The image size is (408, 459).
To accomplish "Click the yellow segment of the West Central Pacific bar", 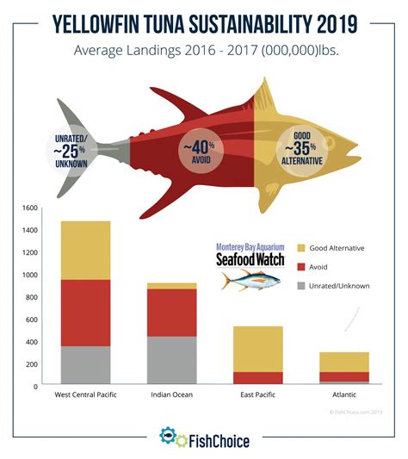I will tap(85, 250).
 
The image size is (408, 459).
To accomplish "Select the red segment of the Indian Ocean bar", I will tap(171, 312).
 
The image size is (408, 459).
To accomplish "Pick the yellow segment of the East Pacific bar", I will tap(258, 349).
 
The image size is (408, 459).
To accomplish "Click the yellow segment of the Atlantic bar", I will tap(344, 362).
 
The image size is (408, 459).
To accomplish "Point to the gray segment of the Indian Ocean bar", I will tap(171, 359).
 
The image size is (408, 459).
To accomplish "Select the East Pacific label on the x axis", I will tap(258, 396).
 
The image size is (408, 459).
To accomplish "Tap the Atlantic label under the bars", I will tap(344, 396).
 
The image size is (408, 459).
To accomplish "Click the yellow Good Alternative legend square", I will tap(301, 248).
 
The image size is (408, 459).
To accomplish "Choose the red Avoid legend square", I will tap(301, 267).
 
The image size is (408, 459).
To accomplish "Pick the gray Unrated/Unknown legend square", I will tap(301, 286).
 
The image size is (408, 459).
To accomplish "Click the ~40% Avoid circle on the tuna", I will tap(201, 152).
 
